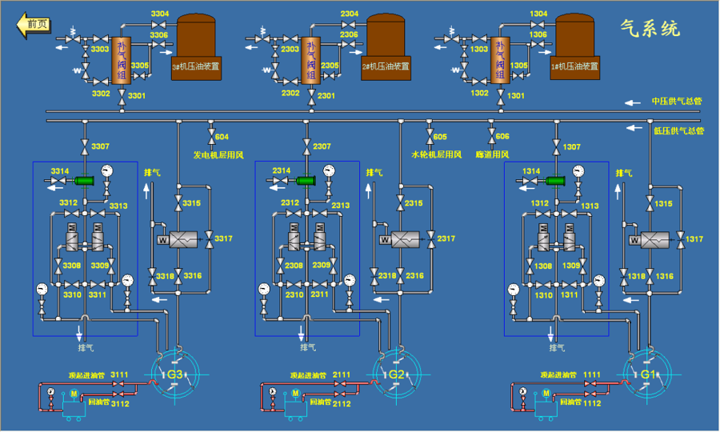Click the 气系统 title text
pyautogui.click(x=650, y=29)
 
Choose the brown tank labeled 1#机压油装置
pyautogui.click(x=578, y=44)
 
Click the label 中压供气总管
pyautogui.click(x=676, y=102)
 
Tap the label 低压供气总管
pyautogui.click(x=678, y=130)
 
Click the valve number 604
pyautogui.click(x=222, y=137)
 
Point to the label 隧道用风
pyautogui.click(x=492, y=154)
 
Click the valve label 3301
pyautogui.click(x=137, y=96)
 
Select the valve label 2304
pyautogui.click(x=350, y=14)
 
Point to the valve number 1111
pyautogui.click(x=592, y=374)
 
